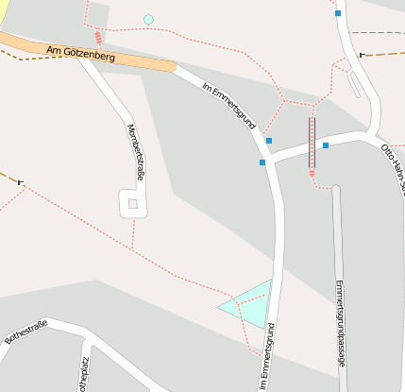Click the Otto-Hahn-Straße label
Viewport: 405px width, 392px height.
tap(393, 166)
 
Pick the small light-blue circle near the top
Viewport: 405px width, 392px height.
tap(148, 20)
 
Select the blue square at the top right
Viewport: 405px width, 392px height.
tap(337, 13)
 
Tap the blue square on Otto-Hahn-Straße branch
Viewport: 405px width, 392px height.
tap(325, 145)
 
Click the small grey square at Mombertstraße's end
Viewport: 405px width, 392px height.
tap(133, 203)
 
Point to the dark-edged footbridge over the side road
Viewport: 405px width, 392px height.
tap(312, 142)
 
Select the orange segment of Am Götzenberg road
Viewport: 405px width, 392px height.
tap(142, 60)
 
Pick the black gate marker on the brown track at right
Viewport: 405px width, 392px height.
tap(363, 55)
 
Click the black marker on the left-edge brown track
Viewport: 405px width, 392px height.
tap(20, 180)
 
